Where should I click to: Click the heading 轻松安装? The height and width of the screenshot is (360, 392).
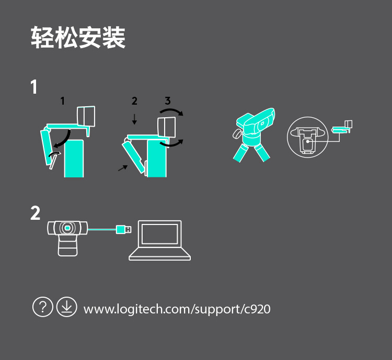click(x=78, y=38)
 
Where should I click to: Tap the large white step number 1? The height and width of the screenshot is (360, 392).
click(x=34, y=87)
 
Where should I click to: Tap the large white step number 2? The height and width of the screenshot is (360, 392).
click(x=35, y=213)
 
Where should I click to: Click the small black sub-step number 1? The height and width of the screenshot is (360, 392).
click(x=63, y=101)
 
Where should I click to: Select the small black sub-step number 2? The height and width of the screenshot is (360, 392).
click(x=134, y=101)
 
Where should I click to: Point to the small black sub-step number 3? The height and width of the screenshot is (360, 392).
click(x=168, y=100)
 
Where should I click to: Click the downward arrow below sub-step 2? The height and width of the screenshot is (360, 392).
click(x=134, y=119)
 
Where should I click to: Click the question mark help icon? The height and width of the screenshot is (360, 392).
click(x=43, y=307)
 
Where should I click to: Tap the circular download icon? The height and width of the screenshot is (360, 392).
click(x=66, y=307)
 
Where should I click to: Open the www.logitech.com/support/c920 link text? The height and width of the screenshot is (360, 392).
click(x=177, y=309)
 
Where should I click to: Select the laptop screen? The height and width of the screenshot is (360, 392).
click(x=160, y=234)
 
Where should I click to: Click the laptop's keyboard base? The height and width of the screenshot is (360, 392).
click(x=160, y=254)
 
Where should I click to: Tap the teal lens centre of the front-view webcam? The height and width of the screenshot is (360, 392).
click(x=67, y=228)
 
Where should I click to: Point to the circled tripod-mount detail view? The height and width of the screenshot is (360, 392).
click(x=307, y=137)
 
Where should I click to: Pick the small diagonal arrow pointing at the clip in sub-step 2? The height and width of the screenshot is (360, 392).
click(x=123, y=168)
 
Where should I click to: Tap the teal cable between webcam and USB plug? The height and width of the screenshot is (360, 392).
click(x=102, y=229)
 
